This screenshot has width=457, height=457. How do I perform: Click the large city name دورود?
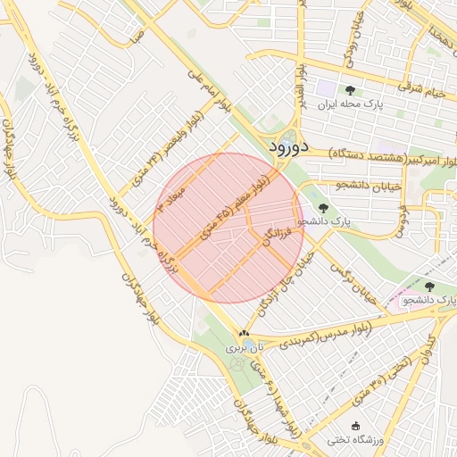click(x=287, y=145)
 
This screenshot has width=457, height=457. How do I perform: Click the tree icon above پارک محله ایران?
click(x=349, y=90)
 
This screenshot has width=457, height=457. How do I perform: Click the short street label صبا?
click(x=135, y=37)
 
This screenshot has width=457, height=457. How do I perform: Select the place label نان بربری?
click(x=242, y=345)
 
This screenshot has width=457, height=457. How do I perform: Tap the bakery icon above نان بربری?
click(x=242, y=332)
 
